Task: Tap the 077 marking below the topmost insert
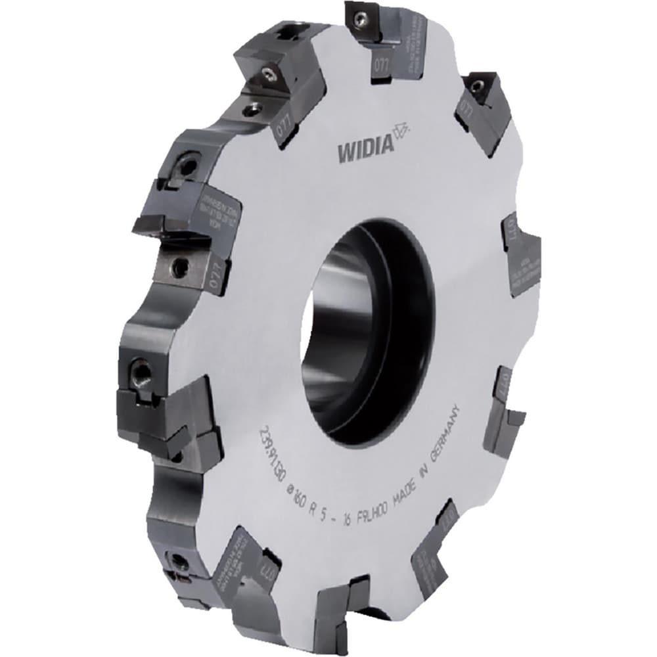tap(380, 68)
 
